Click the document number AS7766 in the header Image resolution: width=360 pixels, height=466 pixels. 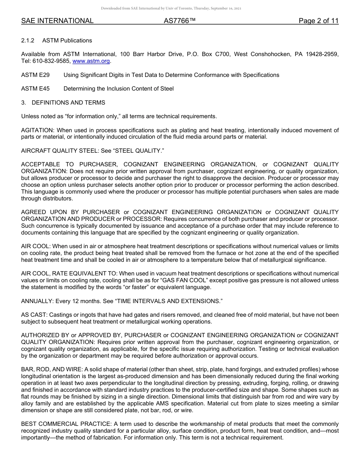[x=180, y=21]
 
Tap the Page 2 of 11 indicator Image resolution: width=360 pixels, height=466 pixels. [x=318, y=21]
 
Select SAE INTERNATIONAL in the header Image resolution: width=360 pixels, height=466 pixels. [x=57, y=21]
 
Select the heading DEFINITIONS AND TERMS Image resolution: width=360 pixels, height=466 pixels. [x=68, y=103]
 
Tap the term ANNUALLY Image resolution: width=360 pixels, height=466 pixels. [x=37, y=301]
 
